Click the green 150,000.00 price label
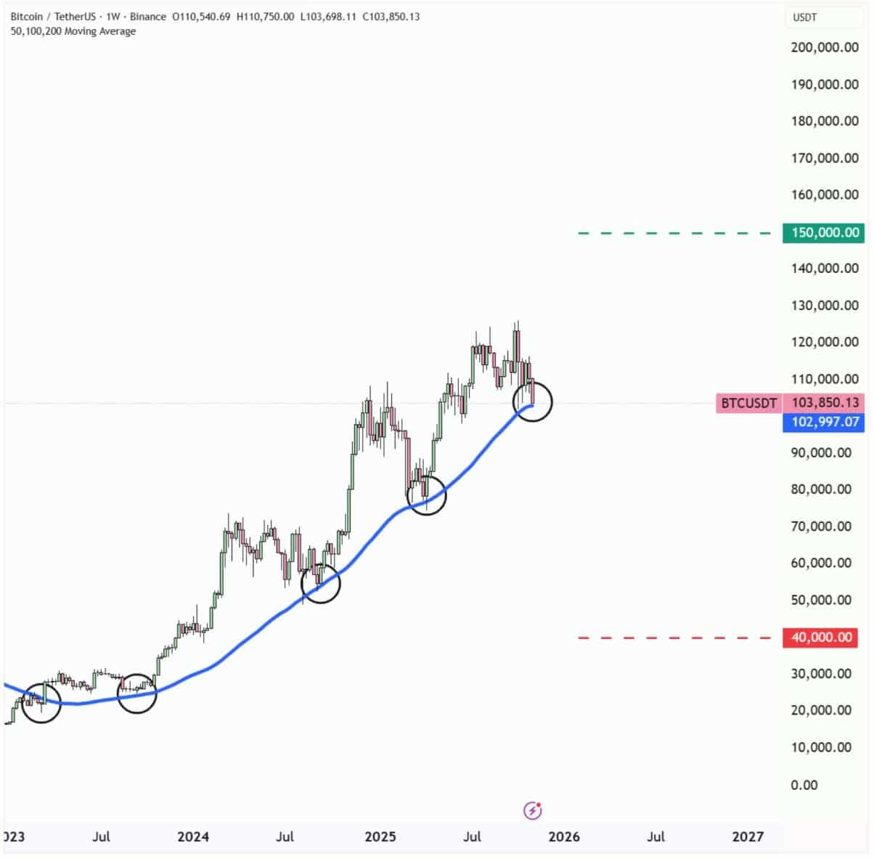click(824, 233)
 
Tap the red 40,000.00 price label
click(820, 638)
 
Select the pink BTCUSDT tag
click(748, 403)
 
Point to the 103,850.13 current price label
click(825, 403)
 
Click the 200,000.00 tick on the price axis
click(825, 48)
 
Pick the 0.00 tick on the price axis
click(804, 785)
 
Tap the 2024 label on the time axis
click(193, 836)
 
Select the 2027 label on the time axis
click(748, 836)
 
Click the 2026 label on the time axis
click(564, 836)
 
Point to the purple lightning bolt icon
click(533, 810)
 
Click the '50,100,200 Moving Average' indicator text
click(73, 31)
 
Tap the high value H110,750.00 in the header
click(266, 17)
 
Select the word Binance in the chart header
click(148, 17)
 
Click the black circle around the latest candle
click(533, 401)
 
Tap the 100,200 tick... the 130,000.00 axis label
click(825, 306)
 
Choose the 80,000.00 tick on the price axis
click(821, 489)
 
